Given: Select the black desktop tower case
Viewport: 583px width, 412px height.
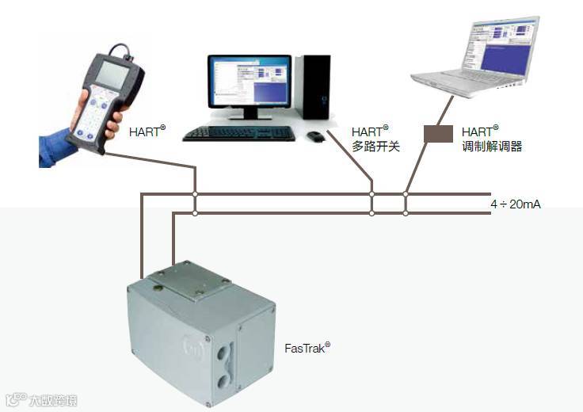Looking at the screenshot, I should pos(314,86).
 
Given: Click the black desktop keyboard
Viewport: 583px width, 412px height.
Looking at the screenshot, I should pos(238,133).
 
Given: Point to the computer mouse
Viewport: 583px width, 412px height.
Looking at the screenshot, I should pos(316,136).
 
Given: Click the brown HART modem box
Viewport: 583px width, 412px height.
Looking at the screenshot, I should pos(437,133).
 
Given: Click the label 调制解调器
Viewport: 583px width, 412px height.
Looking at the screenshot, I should pos(492,147).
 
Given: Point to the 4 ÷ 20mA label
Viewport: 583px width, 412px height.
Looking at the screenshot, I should pos(516,204).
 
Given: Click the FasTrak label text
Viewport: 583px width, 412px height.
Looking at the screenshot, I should pos(307,347).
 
